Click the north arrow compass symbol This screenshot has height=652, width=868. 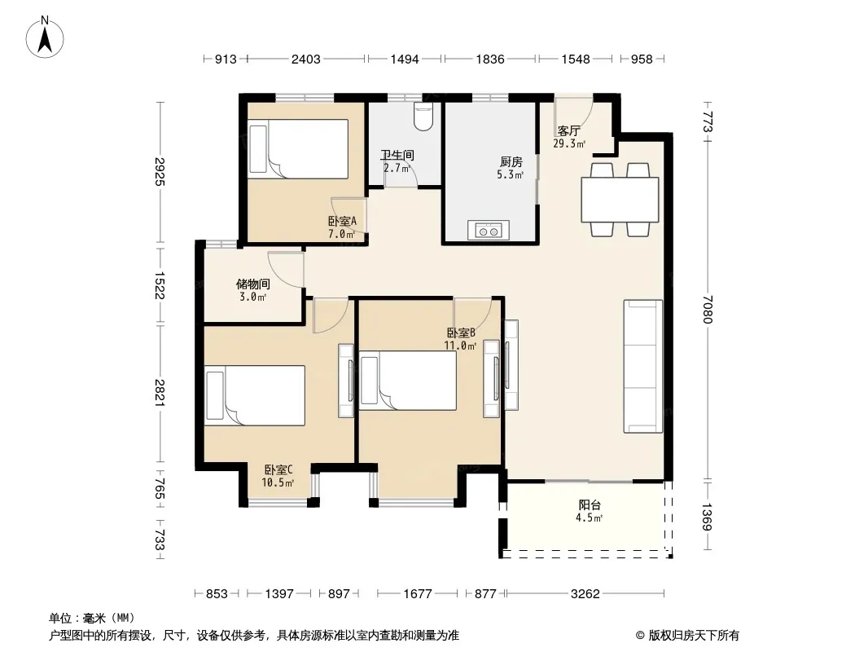[45, 37]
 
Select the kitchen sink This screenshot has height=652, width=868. [489, 230]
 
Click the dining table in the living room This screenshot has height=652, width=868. [620, 200]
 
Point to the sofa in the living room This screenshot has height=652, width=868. [643, 366]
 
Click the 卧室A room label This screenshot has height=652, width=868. [342, 222]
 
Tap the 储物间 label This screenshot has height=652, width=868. [253, 284]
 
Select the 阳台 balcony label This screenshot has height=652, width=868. [590, 504]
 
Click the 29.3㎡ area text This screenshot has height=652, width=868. [569, 143]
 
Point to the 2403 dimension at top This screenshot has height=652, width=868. [305, 59]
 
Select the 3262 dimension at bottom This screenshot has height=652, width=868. [585, 594]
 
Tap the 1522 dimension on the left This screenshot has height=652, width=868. [160, 284]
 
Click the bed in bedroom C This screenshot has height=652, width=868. [255, 395]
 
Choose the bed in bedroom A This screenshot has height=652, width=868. [298, 149]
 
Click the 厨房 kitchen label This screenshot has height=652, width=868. [511, 161]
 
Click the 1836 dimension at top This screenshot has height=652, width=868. [490, 59]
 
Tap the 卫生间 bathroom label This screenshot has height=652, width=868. [397, 155]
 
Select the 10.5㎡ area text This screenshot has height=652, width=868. [278, 482]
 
